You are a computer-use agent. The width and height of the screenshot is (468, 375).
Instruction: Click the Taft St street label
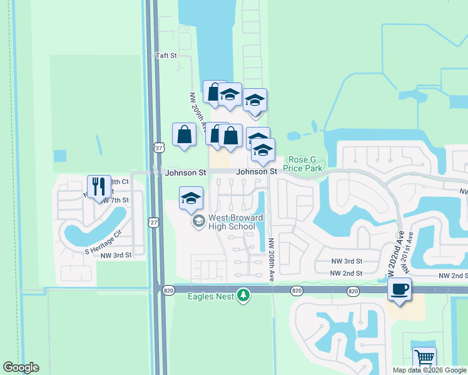click(166, 56)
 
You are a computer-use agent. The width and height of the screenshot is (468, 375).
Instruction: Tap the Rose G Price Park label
click(303, 164)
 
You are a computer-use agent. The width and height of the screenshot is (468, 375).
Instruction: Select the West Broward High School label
click(228, 222)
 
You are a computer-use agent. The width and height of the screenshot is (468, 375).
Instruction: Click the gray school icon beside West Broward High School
click(199, 220)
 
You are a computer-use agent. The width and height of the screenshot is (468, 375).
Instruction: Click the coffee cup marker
click(399, 289)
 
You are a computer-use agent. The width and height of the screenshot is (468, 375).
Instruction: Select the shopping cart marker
click(424, 359)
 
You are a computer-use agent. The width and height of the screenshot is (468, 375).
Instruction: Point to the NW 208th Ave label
click(272, 260)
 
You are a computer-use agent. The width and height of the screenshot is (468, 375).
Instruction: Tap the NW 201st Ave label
click(408, 252)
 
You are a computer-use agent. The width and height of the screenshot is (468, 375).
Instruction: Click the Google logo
click(21, 367)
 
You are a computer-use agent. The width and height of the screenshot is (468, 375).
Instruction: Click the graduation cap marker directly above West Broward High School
click(191, 198)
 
